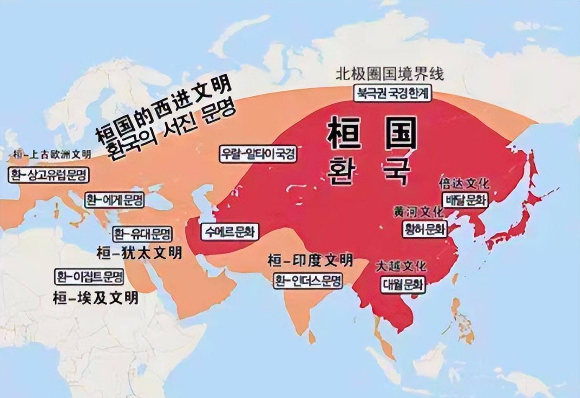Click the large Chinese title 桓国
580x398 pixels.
[372, 133]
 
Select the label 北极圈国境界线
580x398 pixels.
[390, 74]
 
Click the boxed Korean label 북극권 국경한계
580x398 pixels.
[392, 93]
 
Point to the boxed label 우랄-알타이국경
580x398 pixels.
[258, 154]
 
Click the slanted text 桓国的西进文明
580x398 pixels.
[163, 110]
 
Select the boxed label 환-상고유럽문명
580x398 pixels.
[49, 175]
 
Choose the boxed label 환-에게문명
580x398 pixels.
[114, 200]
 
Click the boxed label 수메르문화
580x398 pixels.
[230, 232]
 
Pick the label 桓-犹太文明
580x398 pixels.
[139, 253]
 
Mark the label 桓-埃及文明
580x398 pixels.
[95, 298]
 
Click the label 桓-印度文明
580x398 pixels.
[310, 261]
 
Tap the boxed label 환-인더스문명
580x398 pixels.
[308, 280]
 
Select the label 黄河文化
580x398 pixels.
[418, 212]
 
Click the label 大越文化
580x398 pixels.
[401, 266]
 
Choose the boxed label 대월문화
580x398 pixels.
[403, 285]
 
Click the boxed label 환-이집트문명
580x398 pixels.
[90, 277]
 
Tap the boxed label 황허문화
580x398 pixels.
[425, 229]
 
